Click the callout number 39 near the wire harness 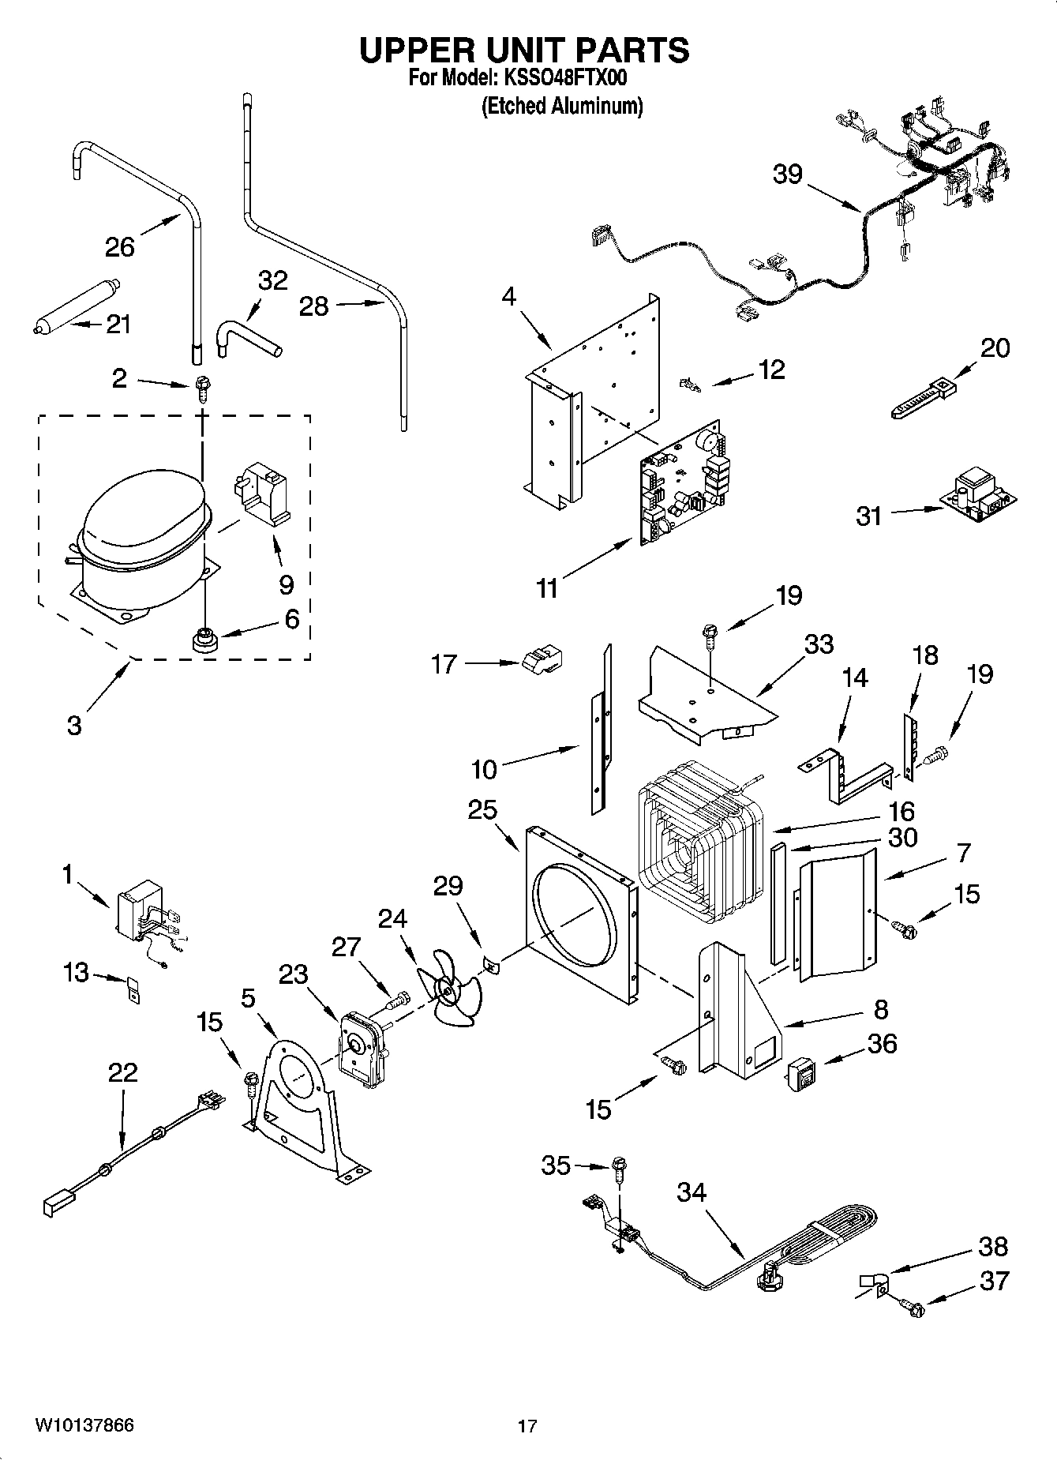point(787,174)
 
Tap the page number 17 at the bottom point(527,1427)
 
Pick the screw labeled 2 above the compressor point(201,388)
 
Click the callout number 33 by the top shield point(818,644)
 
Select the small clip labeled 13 point(133,989)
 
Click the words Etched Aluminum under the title point(562,106)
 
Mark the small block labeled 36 point(800,1072)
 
